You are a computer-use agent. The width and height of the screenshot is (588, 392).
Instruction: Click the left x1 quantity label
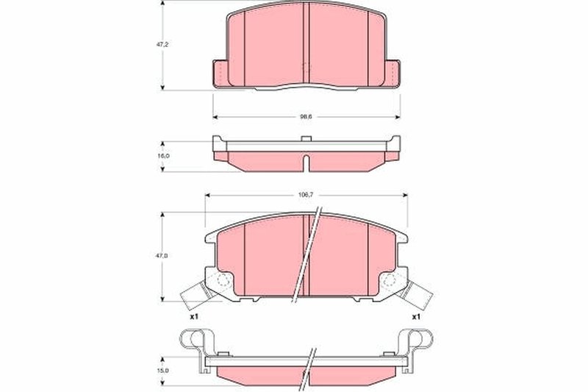[194, 316]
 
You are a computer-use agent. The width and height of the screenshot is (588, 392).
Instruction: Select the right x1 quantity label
[416, 316]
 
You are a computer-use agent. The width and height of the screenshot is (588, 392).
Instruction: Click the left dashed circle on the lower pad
[223, 281]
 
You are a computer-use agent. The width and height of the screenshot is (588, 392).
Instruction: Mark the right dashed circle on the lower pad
[390, 281]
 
